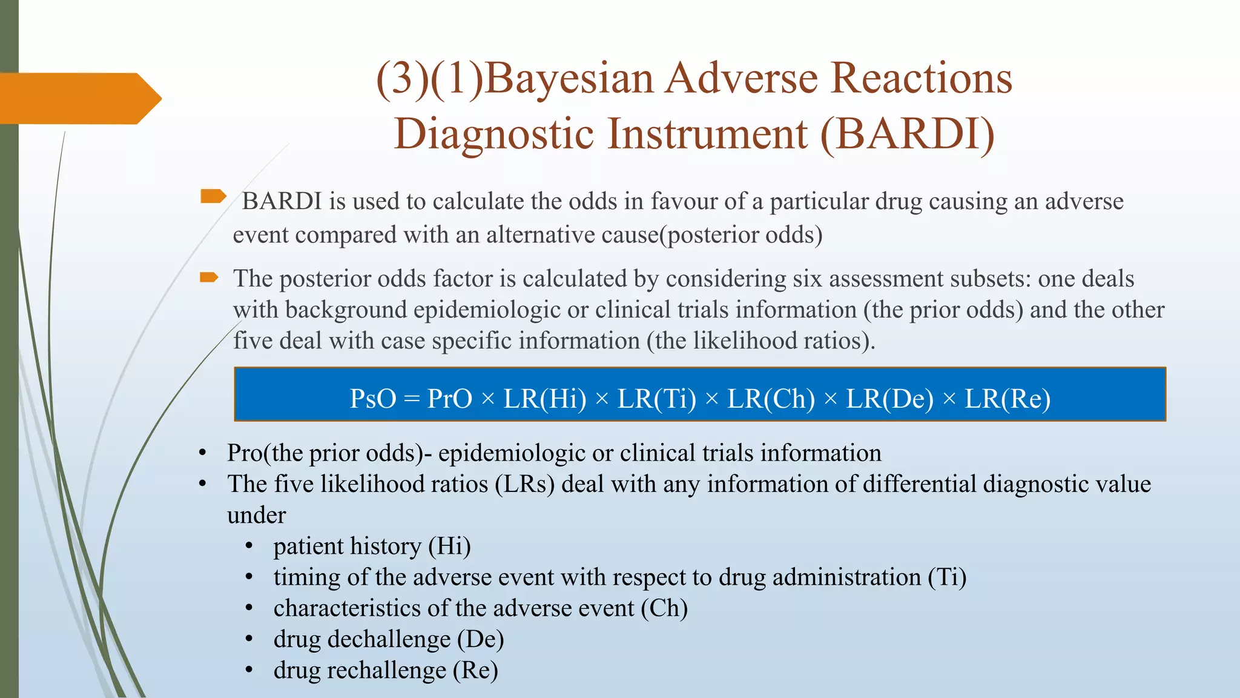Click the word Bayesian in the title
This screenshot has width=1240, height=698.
(x=569, y=79)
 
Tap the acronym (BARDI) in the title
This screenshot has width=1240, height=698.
(x=907, y=134)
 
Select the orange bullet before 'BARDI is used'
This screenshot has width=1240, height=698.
(x=213, y=196)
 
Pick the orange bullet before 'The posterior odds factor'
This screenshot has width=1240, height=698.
(x=209, y=278)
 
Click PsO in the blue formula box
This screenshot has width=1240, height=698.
(x=373, y=399)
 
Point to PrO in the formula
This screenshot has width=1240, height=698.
(x=450, y=399)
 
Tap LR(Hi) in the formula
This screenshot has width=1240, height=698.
(x=545, y=399)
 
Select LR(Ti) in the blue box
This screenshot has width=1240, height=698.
(x=657, y=399)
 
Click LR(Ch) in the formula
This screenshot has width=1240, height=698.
(x=771, y=399)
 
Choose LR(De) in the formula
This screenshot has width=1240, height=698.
(x=889, y=399)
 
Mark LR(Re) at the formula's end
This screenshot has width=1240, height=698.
(x=1007, y=399)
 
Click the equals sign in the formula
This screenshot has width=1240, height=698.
(x=412, y=399)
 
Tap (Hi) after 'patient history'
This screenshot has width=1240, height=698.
(x=449, y=546)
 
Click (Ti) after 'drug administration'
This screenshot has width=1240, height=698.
(x=947, y=577)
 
